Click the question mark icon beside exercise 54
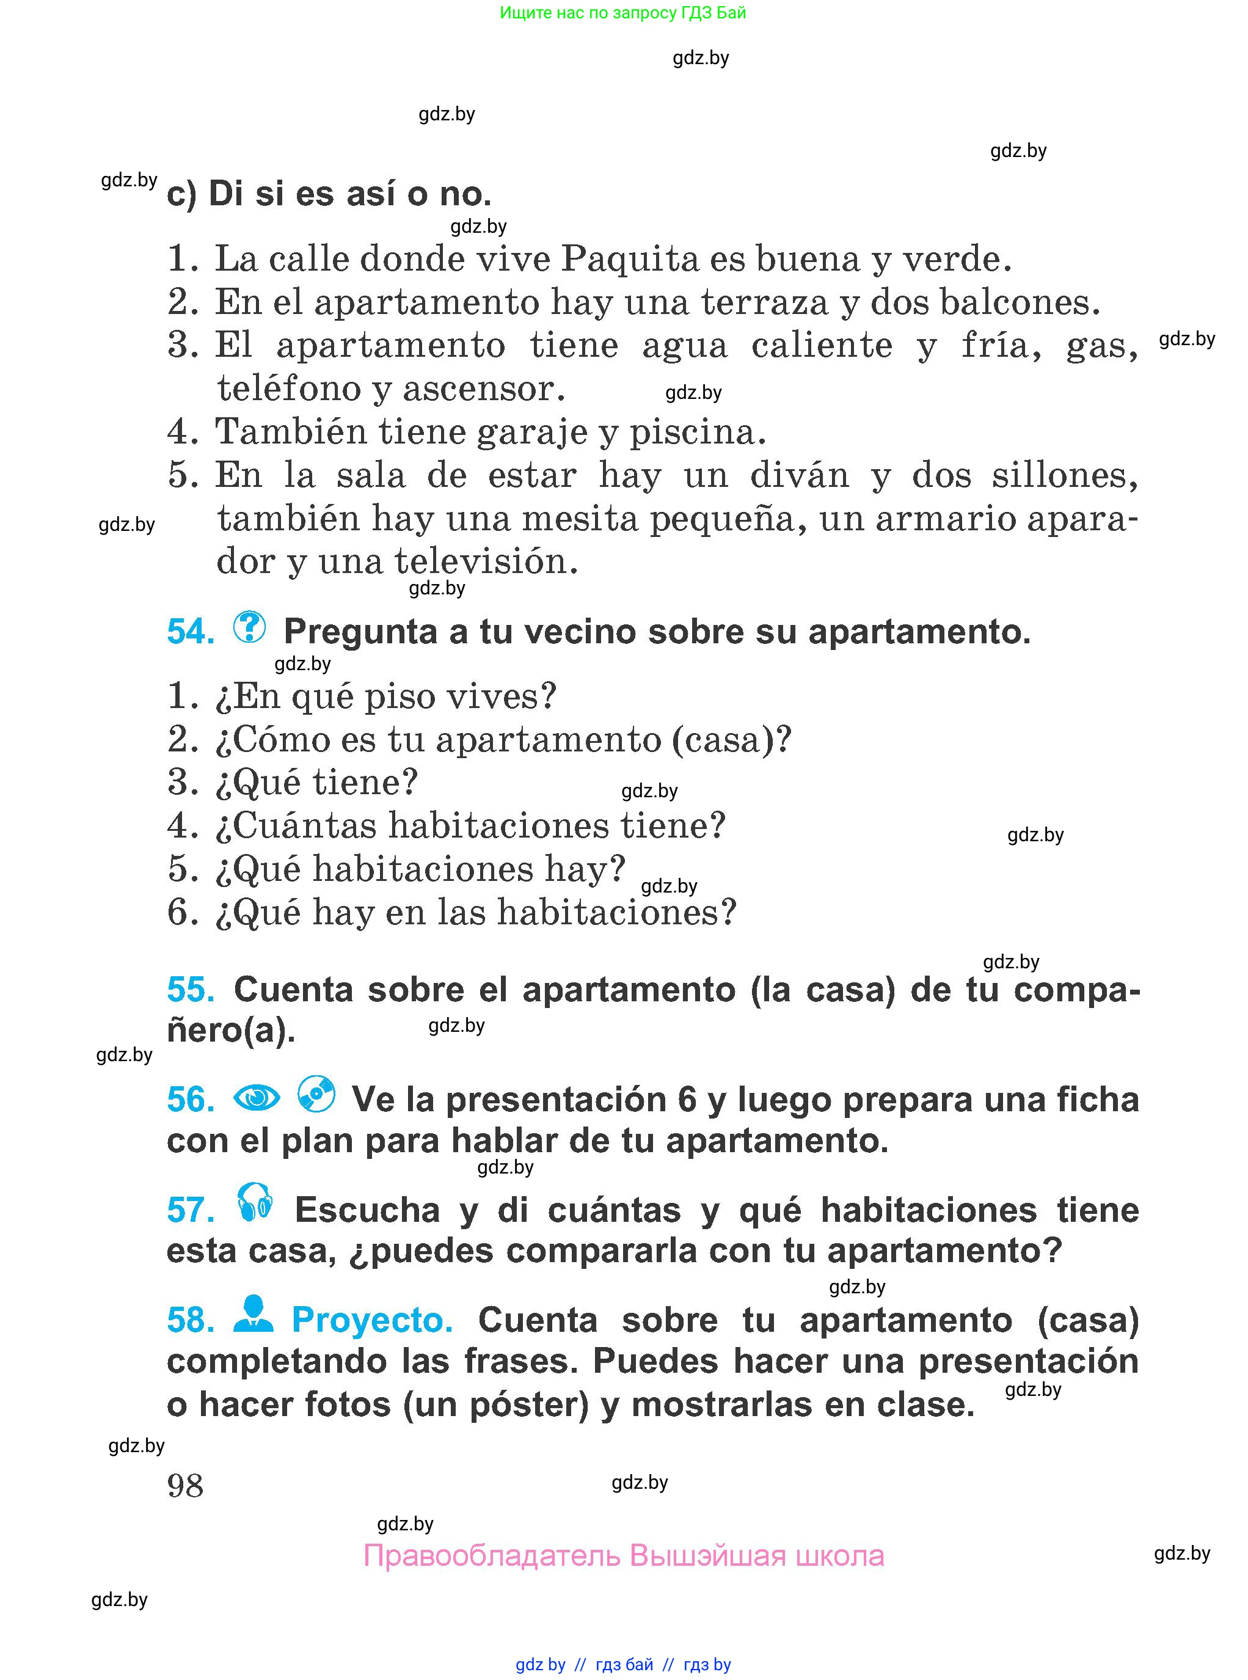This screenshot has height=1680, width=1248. point(249,627)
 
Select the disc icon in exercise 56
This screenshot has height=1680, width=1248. point(316,1094)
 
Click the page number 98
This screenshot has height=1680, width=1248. point(185,1486)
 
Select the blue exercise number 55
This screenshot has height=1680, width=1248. point(191,989)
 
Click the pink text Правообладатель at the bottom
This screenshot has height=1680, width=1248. point(491,1556)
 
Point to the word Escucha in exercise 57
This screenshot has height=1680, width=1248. point(367,1210)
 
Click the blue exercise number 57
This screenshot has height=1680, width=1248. point(191,1210)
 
